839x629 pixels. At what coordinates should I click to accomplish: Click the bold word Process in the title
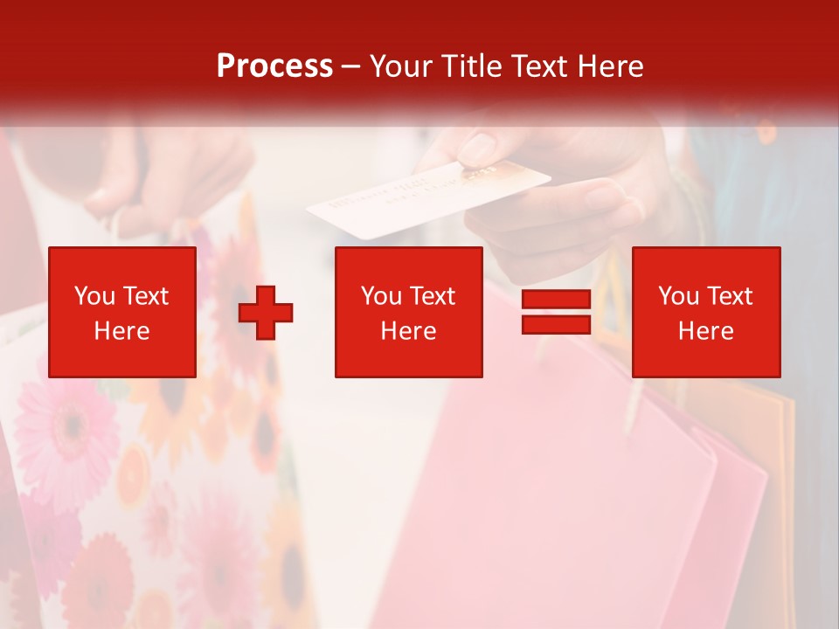[274, 66]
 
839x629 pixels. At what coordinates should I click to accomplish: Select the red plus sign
[266, 312]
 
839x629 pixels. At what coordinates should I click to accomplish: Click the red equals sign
[556, 312]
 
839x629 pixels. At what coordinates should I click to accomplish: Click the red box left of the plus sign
[122, 312]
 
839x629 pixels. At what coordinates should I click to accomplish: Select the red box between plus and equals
[408, 312]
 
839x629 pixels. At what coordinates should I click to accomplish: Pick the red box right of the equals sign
[705, 312]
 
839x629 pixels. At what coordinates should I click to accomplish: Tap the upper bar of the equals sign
[556, 301]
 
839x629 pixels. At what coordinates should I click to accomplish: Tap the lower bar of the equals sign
[556, 324]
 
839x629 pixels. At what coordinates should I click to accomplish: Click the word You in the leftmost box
[94, 296]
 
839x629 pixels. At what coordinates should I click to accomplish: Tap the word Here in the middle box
[408, 331]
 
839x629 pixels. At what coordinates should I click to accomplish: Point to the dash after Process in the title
[350, 66]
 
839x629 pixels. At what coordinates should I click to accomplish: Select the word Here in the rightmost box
[705, 331]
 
